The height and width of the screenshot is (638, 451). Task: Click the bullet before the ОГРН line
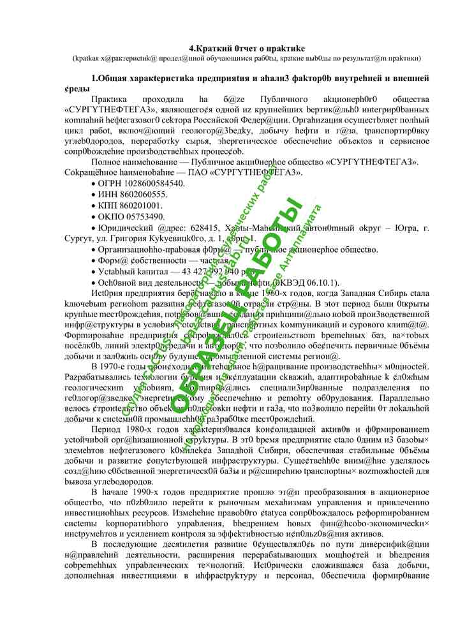93,184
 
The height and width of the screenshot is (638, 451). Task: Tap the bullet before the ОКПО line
93,217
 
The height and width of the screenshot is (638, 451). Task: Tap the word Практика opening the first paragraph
109,100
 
